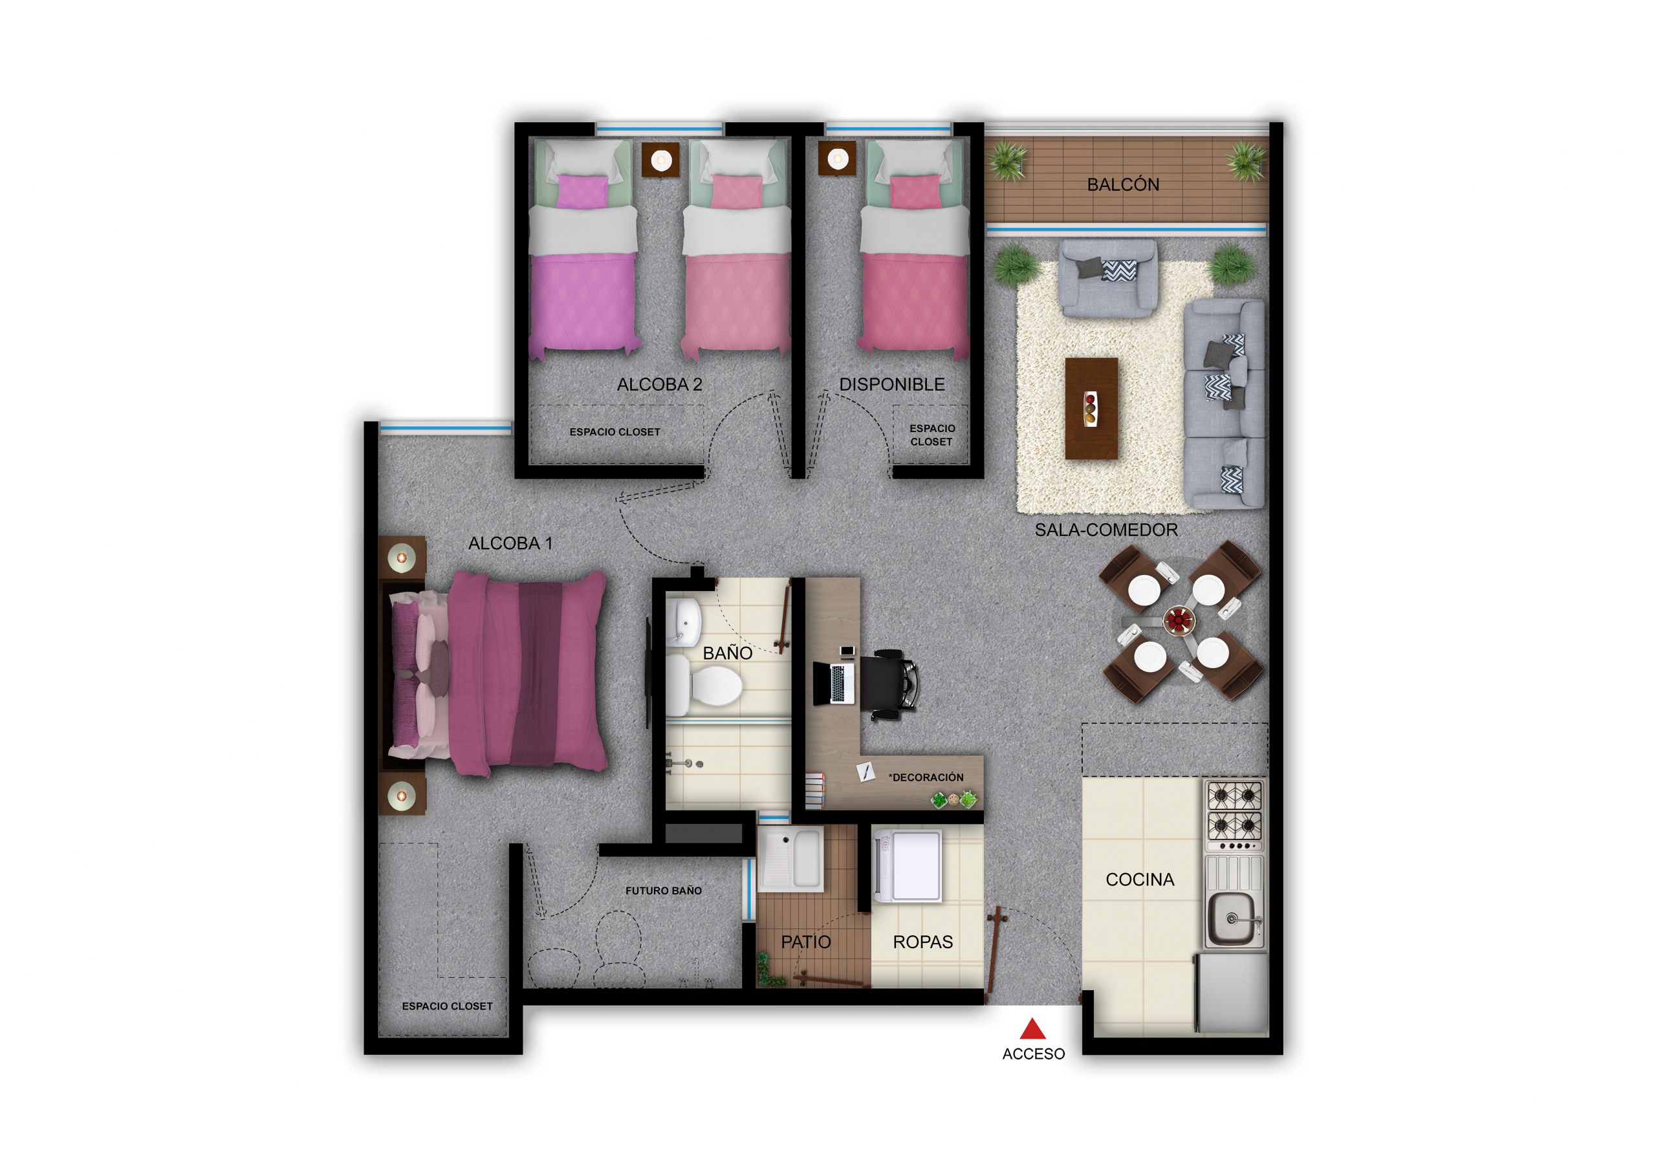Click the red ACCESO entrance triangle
1033,1028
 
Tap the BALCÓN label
1123,184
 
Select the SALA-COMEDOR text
1106,530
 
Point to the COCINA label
1140,879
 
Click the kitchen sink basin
1234,920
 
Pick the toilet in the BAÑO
710,684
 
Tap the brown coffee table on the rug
1091,408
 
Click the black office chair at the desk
891,682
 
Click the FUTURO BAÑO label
663,891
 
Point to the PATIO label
805,942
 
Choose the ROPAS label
922,942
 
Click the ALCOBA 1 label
510,543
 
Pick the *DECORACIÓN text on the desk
926,777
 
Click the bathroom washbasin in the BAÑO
684,622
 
